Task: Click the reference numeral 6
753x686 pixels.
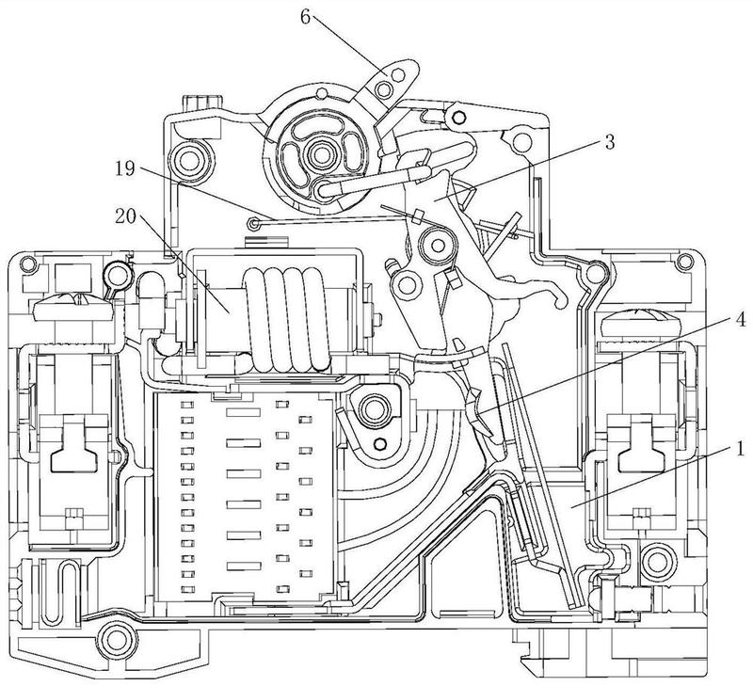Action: point(305,17)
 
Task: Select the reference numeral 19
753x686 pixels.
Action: point(125,169)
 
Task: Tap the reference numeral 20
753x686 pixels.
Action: point(126,217)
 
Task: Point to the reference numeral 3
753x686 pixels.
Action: point(609,142)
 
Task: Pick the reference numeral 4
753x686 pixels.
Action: point(741,320)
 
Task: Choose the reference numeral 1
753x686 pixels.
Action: point(740,450)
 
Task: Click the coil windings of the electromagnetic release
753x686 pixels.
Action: point(287,319)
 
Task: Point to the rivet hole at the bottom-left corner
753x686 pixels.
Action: point(115,639)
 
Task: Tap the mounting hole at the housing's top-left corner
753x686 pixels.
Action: point(28,263)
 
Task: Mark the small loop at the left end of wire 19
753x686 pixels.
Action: point(252,223)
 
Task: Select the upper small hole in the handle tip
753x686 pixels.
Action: point(396,74)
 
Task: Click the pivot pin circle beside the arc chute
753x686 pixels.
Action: point(373,410)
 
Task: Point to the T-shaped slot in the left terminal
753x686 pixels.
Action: point(74,444)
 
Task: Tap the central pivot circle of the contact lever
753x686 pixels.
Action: point(438,246)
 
